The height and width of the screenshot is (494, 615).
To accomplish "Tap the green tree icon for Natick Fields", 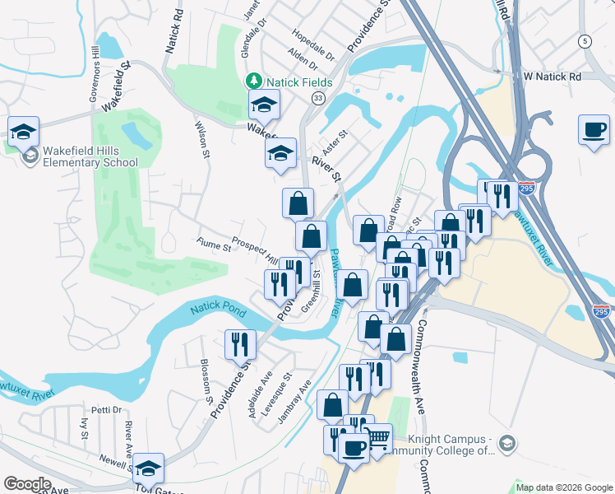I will click(255, 82).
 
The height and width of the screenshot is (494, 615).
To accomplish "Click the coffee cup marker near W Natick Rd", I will click(594, 130).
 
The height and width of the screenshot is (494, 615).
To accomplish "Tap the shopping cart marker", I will click(377, 438).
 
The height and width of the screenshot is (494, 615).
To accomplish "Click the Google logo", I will click(27, 483).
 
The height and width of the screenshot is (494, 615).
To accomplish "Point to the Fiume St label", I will click(214, 244).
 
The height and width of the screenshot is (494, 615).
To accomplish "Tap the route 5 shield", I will click(585, 41).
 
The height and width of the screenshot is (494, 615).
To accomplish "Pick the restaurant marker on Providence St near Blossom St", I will click(240, 343).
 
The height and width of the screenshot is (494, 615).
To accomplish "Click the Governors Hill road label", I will click(95, 75).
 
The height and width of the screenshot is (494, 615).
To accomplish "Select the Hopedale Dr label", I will click(313, 46).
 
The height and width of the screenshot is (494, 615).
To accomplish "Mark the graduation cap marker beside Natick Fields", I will click(264, 104).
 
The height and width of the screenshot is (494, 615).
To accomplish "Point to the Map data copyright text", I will click(564, 487).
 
